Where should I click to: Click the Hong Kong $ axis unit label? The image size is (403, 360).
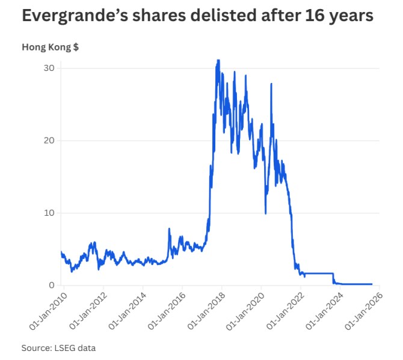pos(50,47)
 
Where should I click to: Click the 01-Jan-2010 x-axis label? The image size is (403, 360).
pos(46,310)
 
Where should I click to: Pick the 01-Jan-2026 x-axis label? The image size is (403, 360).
pos(364,310)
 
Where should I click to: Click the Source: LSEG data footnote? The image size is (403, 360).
pos(58,348)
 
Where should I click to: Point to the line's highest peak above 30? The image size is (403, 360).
pos(218,60)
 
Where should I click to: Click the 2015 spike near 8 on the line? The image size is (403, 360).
pos(169,229)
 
